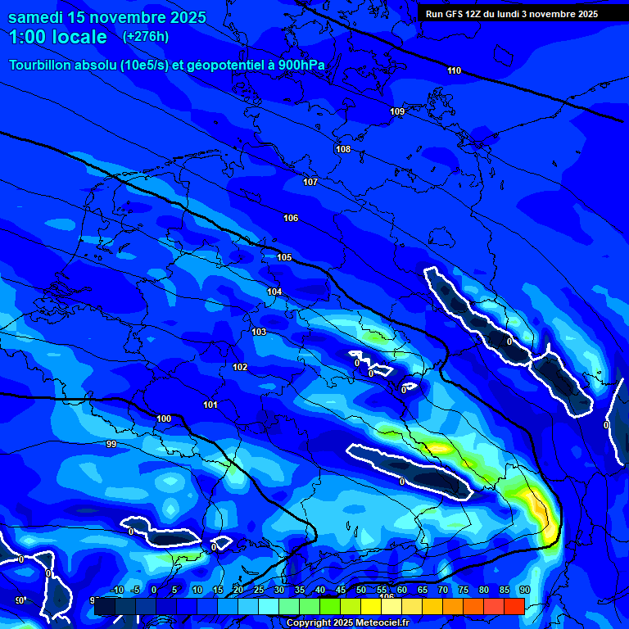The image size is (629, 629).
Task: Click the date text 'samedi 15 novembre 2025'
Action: click(107, 17)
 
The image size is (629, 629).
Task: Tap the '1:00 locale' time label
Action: click(58, 37)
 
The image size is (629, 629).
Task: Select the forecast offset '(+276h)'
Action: click(145, 37)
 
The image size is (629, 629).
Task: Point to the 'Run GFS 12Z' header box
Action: click(511, 14)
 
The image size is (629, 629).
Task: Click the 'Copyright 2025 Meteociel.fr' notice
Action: click(346, 622)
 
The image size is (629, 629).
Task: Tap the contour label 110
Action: click(454, 70)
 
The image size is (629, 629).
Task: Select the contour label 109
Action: click(397, 111)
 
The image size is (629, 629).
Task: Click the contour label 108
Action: click(343, 149)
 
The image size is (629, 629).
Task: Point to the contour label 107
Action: click(310, 182)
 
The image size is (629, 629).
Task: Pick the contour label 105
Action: click(284, 257)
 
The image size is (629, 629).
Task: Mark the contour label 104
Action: click(274, 292)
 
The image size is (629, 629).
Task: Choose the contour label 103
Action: click(259, 332)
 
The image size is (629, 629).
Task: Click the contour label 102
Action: click(240, 367)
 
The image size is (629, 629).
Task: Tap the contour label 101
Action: click(210, 405)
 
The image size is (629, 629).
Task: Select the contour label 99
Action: click(111, 444)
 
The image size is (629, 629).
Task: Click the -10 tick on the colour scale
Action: click(117, 591)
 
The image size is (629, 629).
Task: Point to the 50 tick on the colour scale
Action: click(361, 591)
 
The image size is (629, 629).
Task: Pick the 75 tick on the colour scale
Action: click(464, 591)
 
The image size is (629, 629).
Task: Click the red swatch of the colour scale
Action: click(514, 606)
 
